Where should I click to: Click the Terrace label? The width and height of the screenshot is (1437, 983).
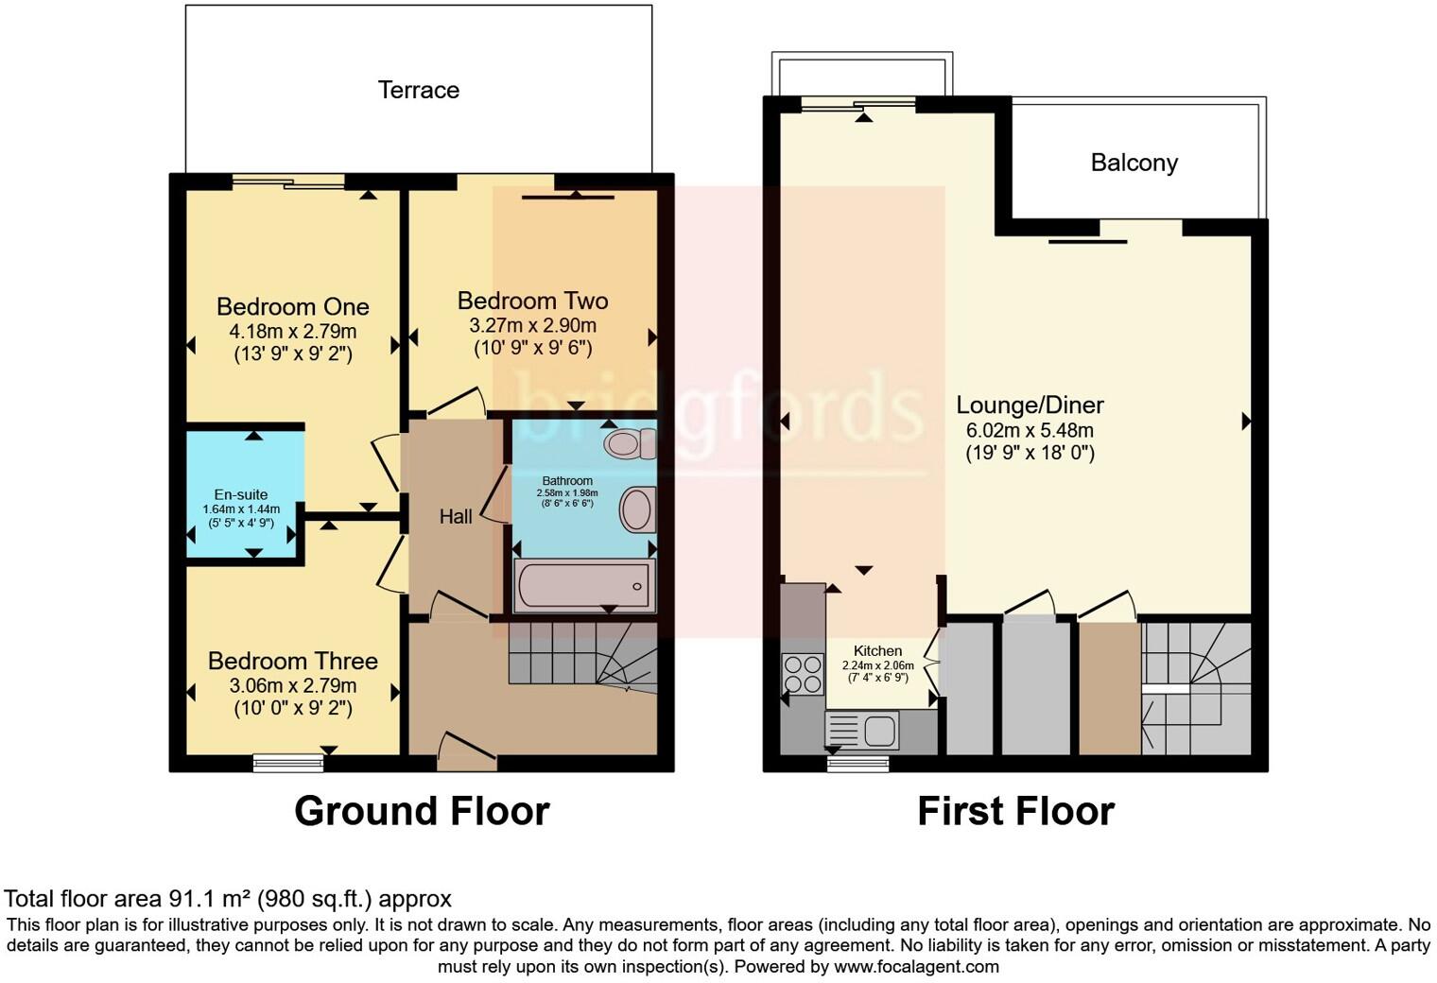click(x=418, y=90)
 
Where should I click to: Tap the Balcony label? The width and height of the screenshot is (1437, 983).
click(x=1134, y=163)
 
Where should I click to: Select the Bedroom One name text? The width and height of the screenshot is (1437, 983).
click(x=292, y=306)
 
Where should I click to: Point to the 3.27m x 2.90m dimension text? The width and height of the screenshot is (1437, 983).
click(x=532, y=325)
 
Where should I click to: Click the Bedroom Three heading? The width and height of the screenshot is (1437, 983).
click(x=292, y=661)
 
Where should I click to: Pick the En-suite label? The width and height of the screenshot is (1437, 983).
click(x=241, y=494)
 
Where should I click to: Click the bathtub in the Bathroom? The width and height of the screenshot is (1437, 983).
click(x=583, y=586)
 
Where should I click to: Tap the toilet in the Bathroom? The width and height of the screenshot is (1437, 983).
click(x=631, y=442)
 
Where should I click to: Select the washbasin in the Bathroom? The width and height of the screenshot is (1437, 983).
click(x=637, y=510)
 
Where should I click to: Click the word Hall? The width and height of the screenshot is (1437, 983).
click(x=456, y=516)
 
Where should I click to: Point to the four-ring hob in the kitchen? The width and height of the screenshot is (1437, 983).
click(x=803, y=673)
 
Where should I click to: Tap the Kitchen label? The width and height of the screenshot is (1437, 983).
click(x=877, y=650)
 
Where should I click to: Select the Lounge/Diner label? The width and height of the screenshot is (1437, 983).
click(x=1030, y=405)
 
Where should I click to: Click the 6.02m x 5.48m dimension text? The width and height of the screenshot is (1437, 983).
click(x=1030, y=429)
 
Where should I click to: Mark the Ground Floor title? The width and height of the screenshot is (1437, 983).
click(x=422, y=811)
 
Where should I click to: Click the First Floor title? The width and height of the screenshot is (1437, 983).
click(x=1015, y=811)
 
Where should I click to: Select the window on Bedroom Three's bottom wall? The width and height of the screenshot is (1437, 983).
click(x=288, y=762)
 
